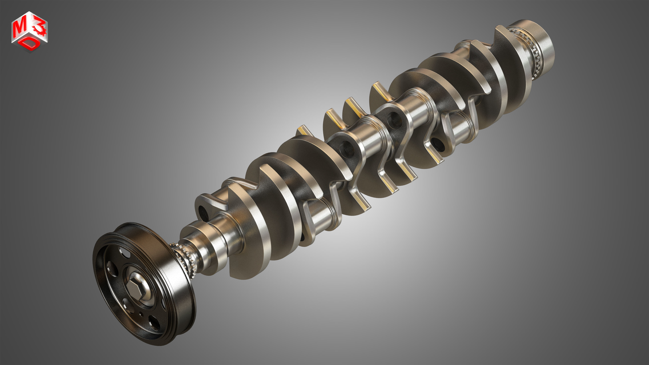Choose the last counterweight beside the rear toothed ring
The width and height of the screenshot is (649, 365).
tap(509, 71)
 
